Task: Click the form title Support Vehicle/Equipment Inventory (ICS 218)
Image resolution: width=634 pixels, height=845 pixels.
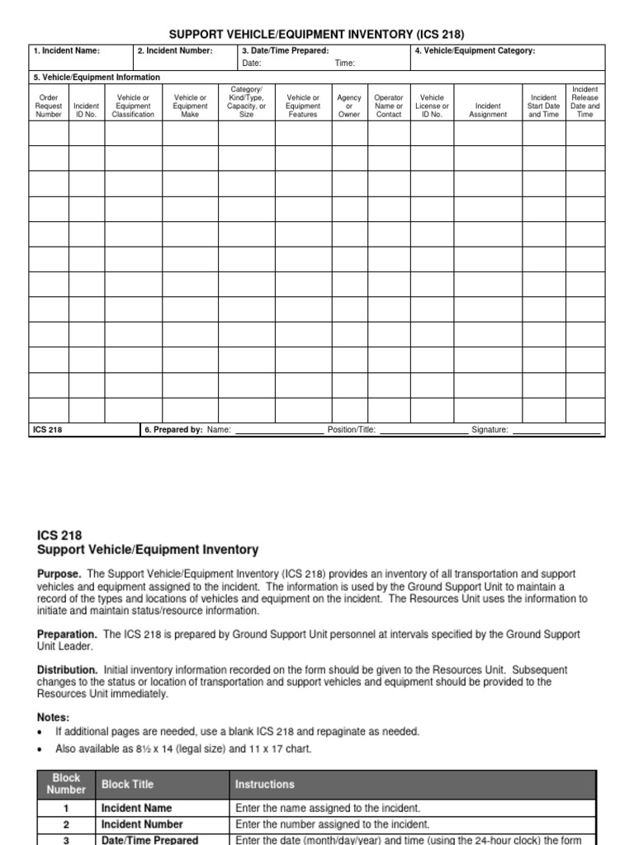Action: click(x=317, y=34)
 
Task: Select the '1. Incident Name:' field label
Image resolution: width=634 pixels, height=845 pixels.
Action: click(x=66, y=51)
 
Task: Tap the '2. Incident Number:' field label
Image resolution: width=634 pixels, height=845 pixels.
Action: click(x=175, y=51)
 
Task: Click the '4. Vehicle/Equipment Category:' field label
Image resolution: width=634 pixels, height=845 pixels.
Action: click(x=475, y=51)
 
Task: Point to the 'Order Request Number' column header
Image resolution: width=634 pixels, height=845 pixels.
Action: click(x=49, y=106)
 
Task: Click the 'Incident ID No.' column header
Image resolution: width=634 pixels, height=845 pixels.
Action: click(x=86, y=111)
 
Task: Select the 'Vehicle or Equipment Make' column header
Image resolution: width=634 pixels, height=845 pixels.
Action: click(x=190, y=106)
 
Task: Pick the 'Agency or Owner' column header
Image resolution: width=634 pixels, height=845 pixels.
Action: click(x=349, y=106)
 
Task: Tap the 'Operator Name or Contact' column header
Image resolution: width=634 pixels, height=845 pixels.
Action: click(x=389, y=106)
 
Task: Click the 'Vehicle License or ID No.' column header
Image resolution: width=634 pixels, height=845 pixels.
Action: click(x=432, y=106)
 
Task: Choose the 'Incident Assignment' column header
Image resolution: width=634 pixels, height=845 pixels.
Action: click(x=488, y=111)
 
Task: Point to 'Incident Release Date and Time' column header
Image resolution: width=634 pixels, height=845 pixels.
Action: click(x=584, y=101)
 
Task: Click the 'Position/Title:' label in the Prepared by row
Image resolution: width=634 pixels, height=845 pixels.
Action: click(x=352, y=430)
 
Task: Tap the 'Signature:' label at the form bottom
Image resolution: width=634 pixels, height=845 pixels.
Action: click(x=490, y=430)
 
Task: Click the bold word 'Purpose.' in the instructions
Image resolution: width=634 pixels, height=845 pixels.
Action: click(x=59, y=574)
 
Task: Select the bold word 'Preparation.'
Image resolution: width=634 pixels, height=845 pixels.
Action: click(x=68, y=635)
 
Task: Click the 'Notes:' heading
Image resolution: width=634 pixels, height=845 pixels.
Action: click(x=54, y=718)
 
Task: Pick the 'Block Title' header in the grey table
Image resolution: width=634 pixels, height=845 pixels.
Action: click(x=127, y=784)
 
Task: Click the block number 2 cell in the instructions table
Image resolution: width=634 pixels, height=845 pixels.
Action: click(x=66, y=824)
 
